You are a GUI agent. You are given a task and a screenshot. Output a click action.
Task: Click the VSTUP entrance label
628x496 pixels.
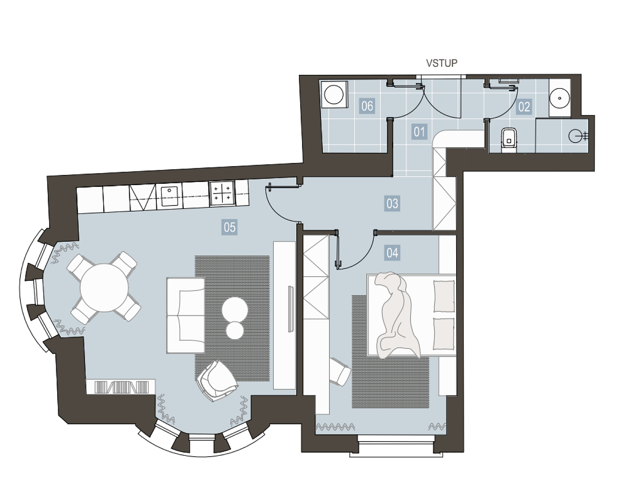coord(442,63)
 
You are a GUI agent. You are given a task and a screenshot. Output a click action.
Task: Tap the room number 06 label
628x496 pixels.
coord(367,106)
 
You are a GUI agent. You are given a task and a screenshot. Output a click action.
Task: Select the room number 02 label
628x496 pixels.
coord(524,107)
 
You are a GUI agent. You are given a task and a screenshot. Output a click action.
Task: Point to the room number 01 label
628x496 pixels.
coord(419,132)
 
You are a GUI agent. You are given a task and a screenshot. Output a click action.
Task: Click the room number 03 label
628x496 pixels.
coord(392,203)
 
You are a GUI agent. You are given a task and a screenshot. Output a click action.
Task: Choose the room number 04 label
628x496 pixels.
coord(392,253)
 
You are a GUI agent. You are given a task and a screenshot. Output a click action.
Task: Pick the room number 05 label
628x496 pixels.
coord(229,227)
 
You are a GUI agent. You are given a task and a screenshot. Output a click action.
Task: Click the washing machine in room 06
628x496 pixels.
coord(334,94)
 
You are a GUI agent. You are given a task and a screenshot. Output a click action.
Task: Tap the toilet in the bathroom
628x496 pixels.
coord(509,140)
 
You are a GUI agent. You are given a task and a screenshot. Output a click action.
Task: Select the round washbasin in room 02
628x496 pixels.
coord(560,98)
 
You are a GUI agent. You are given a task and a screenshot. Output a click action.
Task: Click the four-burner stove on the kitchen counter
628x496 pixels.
coord(221,193)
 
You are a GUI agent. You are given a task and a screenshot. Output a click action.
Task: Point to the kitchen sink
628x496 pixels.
coord(169,196)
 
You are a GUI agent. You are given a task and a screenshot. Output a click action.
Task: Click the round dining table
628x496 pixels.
coord(104,287)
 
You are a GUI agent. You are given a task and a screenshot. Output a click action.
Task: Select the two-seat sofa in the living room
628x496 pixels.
coord(186,315)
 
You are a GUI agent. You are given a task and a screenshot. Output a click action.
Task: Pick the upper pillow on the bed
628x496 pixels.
coord(444,296)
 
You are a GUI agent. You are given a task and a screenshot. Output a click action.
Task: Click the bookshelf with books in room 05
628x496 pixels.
coord(120,387)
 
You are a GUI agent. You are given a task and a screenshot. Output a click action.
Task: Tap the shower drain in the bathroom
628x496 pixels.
coord(575,136)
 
